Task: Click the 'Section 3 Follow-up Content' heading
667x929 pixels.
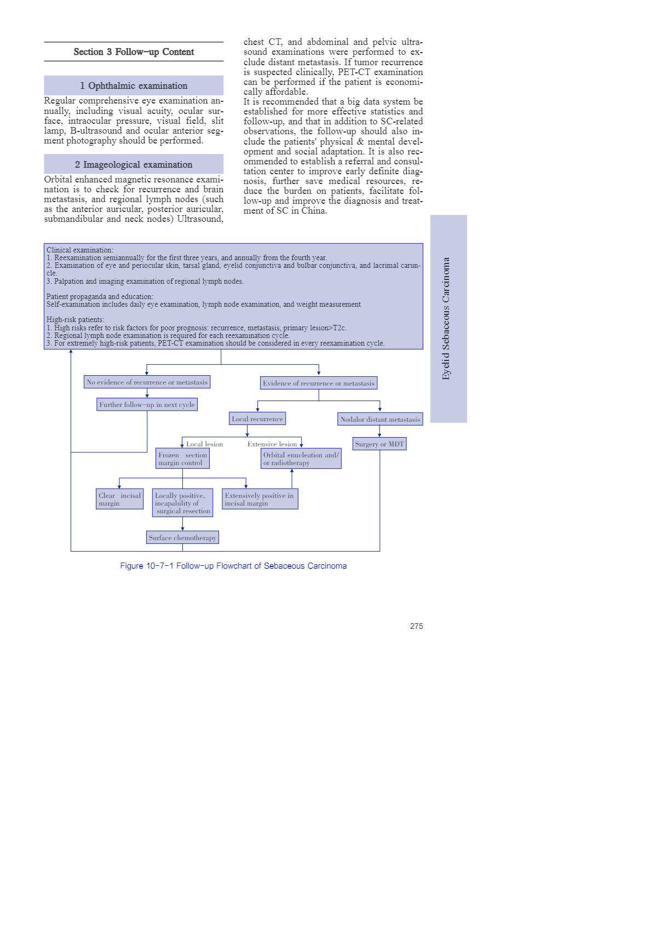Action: coord(134,52)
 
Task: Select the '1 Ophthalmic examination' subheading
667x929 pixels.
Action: coord(134,86)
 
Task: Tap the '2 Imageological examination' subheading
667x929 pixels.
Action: coord(134,164)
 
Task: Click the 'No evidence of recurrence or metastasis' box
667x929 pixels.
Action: coord(147,382)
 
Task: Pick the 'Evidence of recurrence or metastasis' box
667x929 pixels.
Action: coord(319,383)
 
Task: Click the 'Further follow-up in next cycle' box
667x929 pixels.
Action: coord(147,405)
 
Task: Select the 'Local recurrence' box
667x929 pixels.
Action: coord(257,419)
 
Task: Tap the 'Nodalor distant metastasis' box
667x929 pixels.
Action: coord(380,420)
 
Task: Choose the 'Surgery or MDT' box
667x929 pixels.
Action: coord(380,444)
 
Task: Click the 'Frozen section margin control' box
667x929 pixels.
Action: coord(182,459)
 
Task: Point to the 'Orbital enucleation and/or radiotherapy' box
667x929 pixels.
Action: coord(301,459)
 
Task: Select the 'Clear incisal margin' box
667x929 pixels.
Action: coord(120,499)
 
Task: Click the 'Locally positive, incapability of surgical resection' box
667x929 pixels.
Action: coord(182,503)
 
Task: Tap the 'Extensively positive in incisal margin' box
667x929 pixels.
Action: coord(260,499)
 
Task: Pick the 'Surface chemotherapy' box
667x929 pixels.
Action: coord(182,538)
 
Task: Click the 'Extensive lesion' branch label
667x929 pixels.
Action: coord(272,444)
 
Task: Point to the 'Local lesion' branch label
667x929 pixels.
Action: coord(205,444)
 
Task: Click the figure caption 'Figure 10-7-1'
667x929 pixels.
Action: coord(233,566)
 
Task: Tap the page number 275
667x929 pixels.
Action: coord(416,626)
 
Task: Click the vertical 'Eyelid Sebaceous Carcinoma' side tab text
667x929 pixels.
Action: coord(446,319)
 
